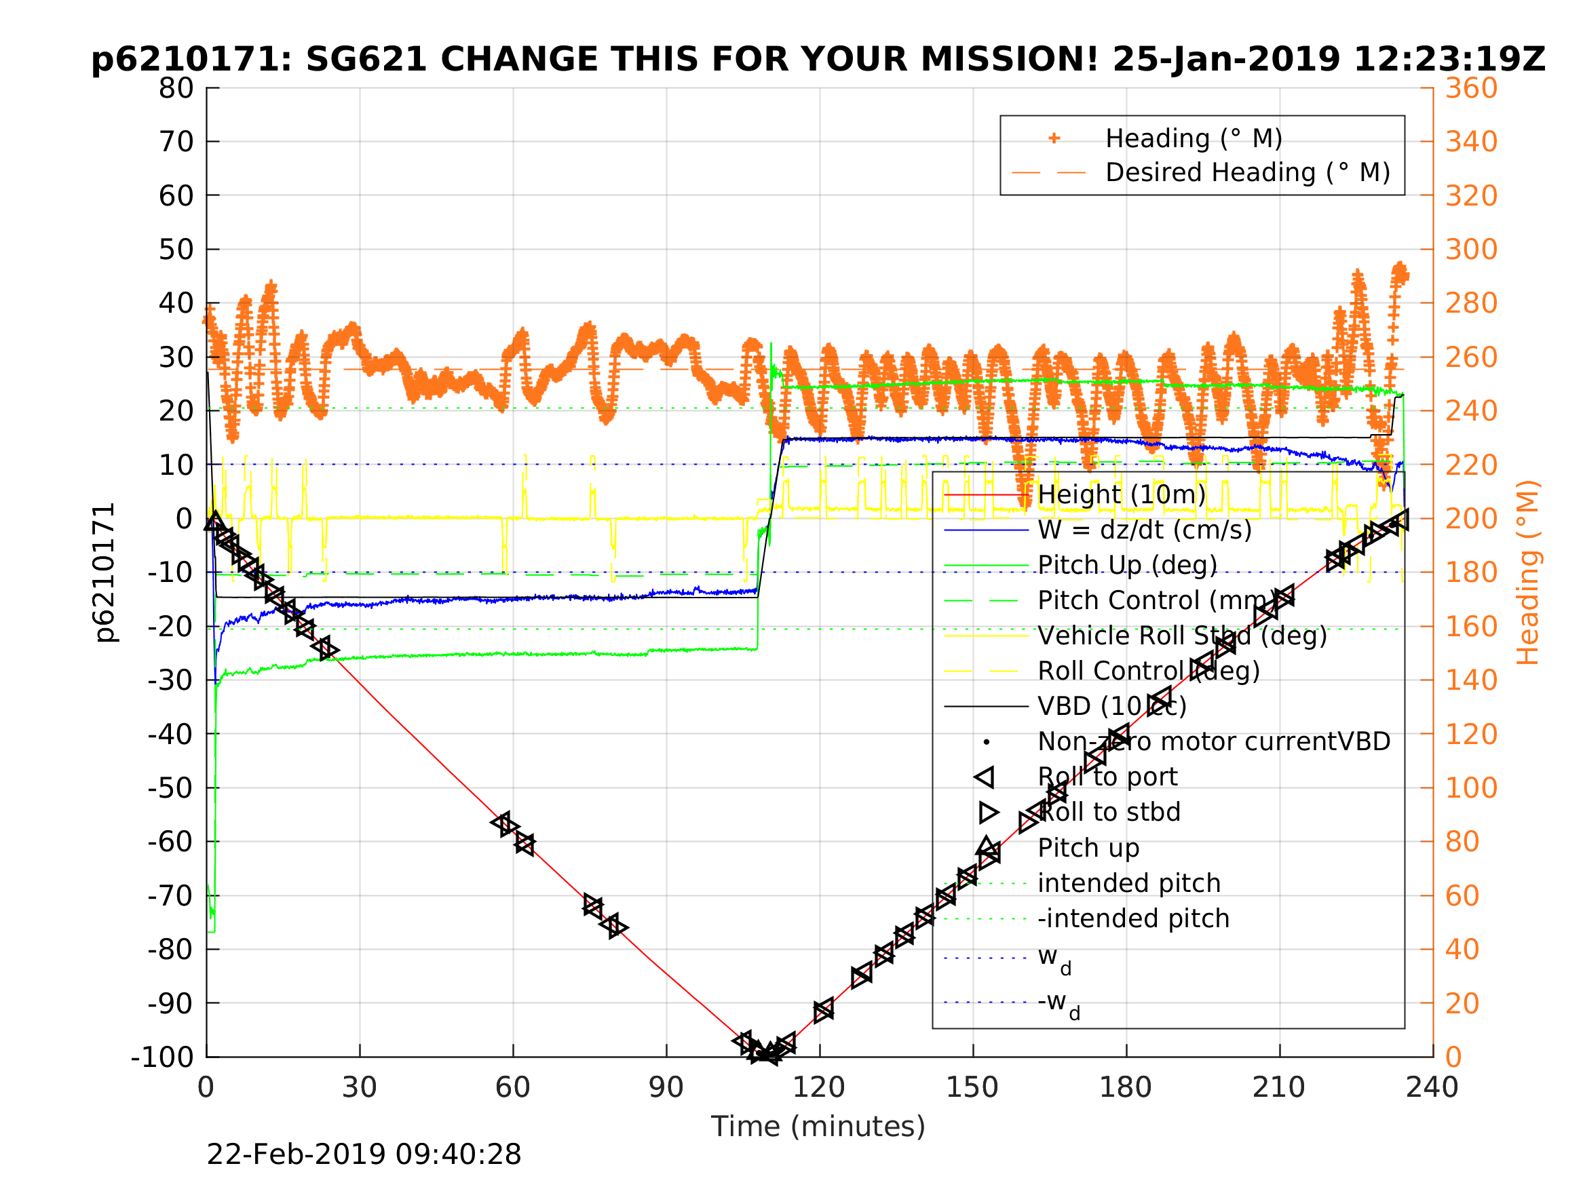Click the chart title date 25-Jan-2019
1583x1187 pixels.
coord(1225,60)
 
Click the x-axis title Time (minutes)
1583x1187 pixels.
coord(818,1126)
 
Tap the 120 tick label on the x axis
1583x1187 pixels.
coord(819,1087)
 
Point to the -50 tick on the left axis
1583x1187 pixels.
coord(171,787)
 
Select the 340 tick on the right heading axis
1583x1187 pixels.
coord(1471,142)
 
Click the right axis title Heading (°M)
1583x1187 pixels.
coord(1528,572)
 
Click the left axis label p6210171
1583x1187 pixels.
coord(104,572)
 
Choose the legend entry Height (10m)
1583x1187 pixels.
coord(1122,494)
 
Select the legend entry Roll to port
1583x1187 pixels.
coord(1107,777)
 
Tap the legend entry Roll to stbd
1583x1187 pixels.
coord(1109,812)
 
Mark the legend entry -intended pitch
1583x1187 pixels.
coord(1133,918)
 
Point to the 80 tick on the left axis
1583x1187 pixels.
coord(176,89)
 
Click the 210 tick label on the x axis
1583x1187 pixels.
coord(1278,1087)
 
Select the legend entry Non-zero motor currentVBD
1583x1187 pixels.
coord(1214,741)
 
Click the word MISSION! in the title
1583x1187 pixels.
coord(1009,60)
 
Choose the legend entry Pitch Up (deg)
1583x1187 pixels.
coord(1127,565)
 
